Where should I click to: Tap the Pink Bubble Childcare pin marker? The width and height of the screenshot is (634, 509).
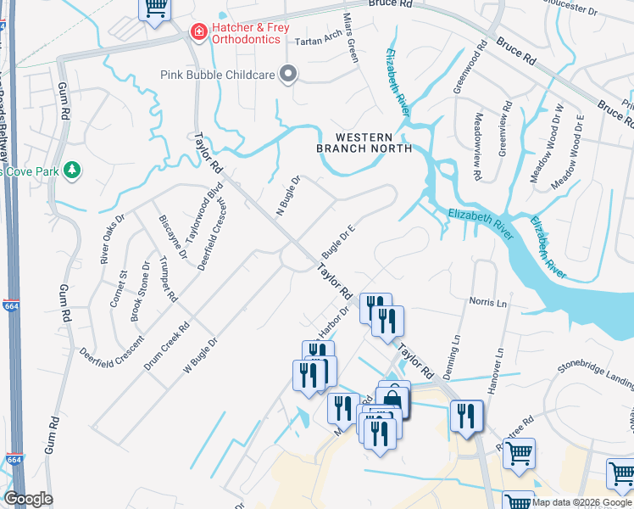click(288, 75)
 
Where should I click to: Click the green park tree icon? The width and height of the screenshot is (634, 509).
click(72, 171)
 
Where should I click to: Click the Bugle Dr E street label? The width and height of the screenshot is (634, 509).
click(337, 241)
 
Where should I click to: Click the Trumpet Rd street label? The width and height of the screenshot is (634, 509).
click(168, 281)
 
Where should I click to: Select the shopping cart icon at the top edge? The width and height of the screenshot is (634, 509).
click(155, 8)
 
